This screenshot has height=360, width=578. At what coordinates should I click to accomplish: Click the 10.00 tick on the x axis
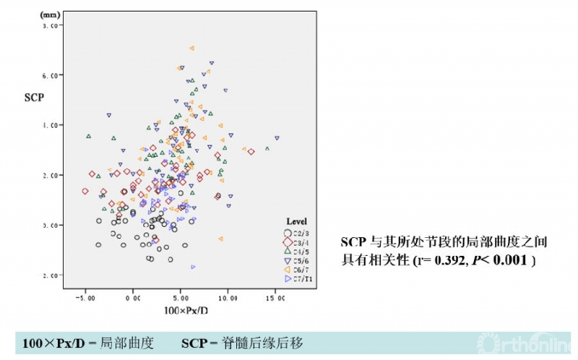tap(228, 297)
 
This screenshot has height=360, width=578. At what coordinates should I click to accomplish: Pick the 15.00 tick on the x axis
tap(276, 297)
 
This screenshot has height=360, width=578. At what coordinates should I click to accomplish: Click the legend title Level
tap(298, 220)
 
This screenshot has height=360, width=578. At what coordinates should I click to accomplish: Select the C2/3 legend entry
tap(296, 233)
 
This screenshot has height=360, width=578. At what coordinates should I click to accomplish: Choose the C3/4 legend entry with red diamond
tap(296, 241)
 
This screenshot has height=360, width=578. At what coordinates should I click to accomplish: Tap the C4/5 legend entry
tap(296, 251)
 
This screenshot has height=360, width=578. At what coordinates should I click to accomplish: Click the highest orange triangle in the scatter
tap(192, 48)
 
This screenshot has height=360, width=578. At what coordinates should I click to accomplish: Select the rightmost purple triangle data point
tap(277, 137)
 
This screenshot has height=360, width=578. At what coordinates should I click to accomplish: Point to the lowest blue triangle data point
tap(194, 267)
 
